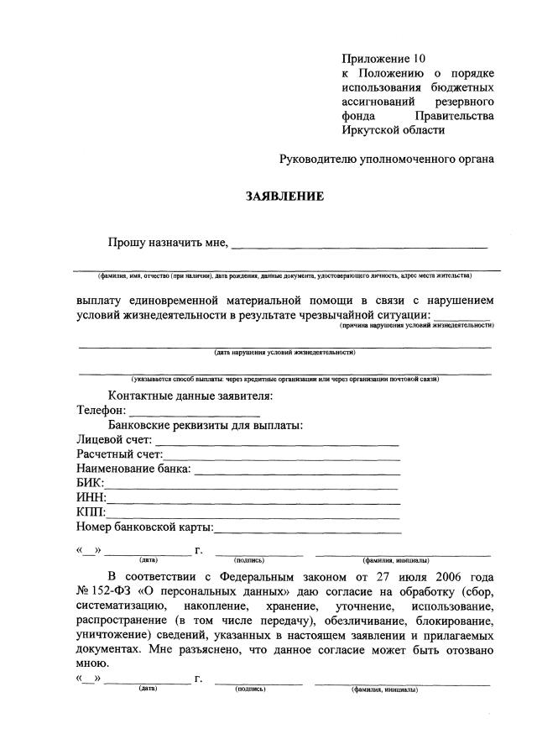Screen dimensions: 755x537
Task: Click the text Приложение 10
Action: (x=383, y=59)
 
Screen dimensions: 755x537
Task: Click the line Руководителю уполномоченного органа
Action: (x=387, y=158)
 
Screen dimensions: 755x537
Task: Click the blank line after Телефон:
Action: (x=194, y=412)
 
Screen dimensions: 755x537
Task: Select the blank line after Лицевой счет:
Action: (x=277, y=441)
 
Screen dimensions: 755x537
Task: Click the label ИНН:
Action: (x=91, y=498)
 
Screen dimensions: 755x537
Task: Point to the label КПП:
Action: (x=91, y=512)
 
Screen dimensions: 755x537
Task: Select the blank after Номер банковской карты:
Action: (x=308, y=528)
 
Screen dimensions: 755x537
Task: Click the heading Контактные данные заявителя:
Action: (x=190, y=396)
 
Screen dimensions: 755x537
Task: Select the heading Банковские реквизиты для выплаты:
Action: (x=206, y=425)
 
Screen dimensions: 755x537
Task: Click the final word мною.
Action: (x=91, y=662)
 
